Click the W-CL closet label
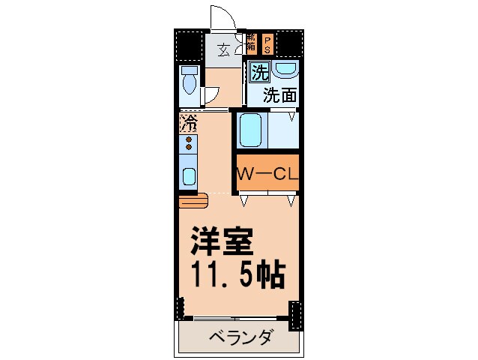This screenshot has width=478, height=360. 268,174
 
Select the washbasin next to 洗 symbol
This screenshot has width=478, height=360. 285,70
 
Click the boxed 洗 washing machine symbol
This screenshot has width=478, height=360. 258,73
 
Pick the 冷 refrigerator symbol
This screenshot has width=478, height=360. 189,121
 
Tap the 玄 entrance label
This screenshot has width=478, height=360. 224,51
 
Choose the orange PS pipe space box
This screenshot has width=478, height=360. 266,43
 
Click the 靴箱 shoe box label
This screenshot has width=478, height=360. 251,43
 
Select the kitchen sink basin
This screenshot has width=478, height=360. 189,177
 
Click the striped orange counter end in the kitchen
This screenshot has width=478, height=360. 193,201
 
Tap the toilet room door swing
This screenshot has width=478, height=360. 211,96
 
